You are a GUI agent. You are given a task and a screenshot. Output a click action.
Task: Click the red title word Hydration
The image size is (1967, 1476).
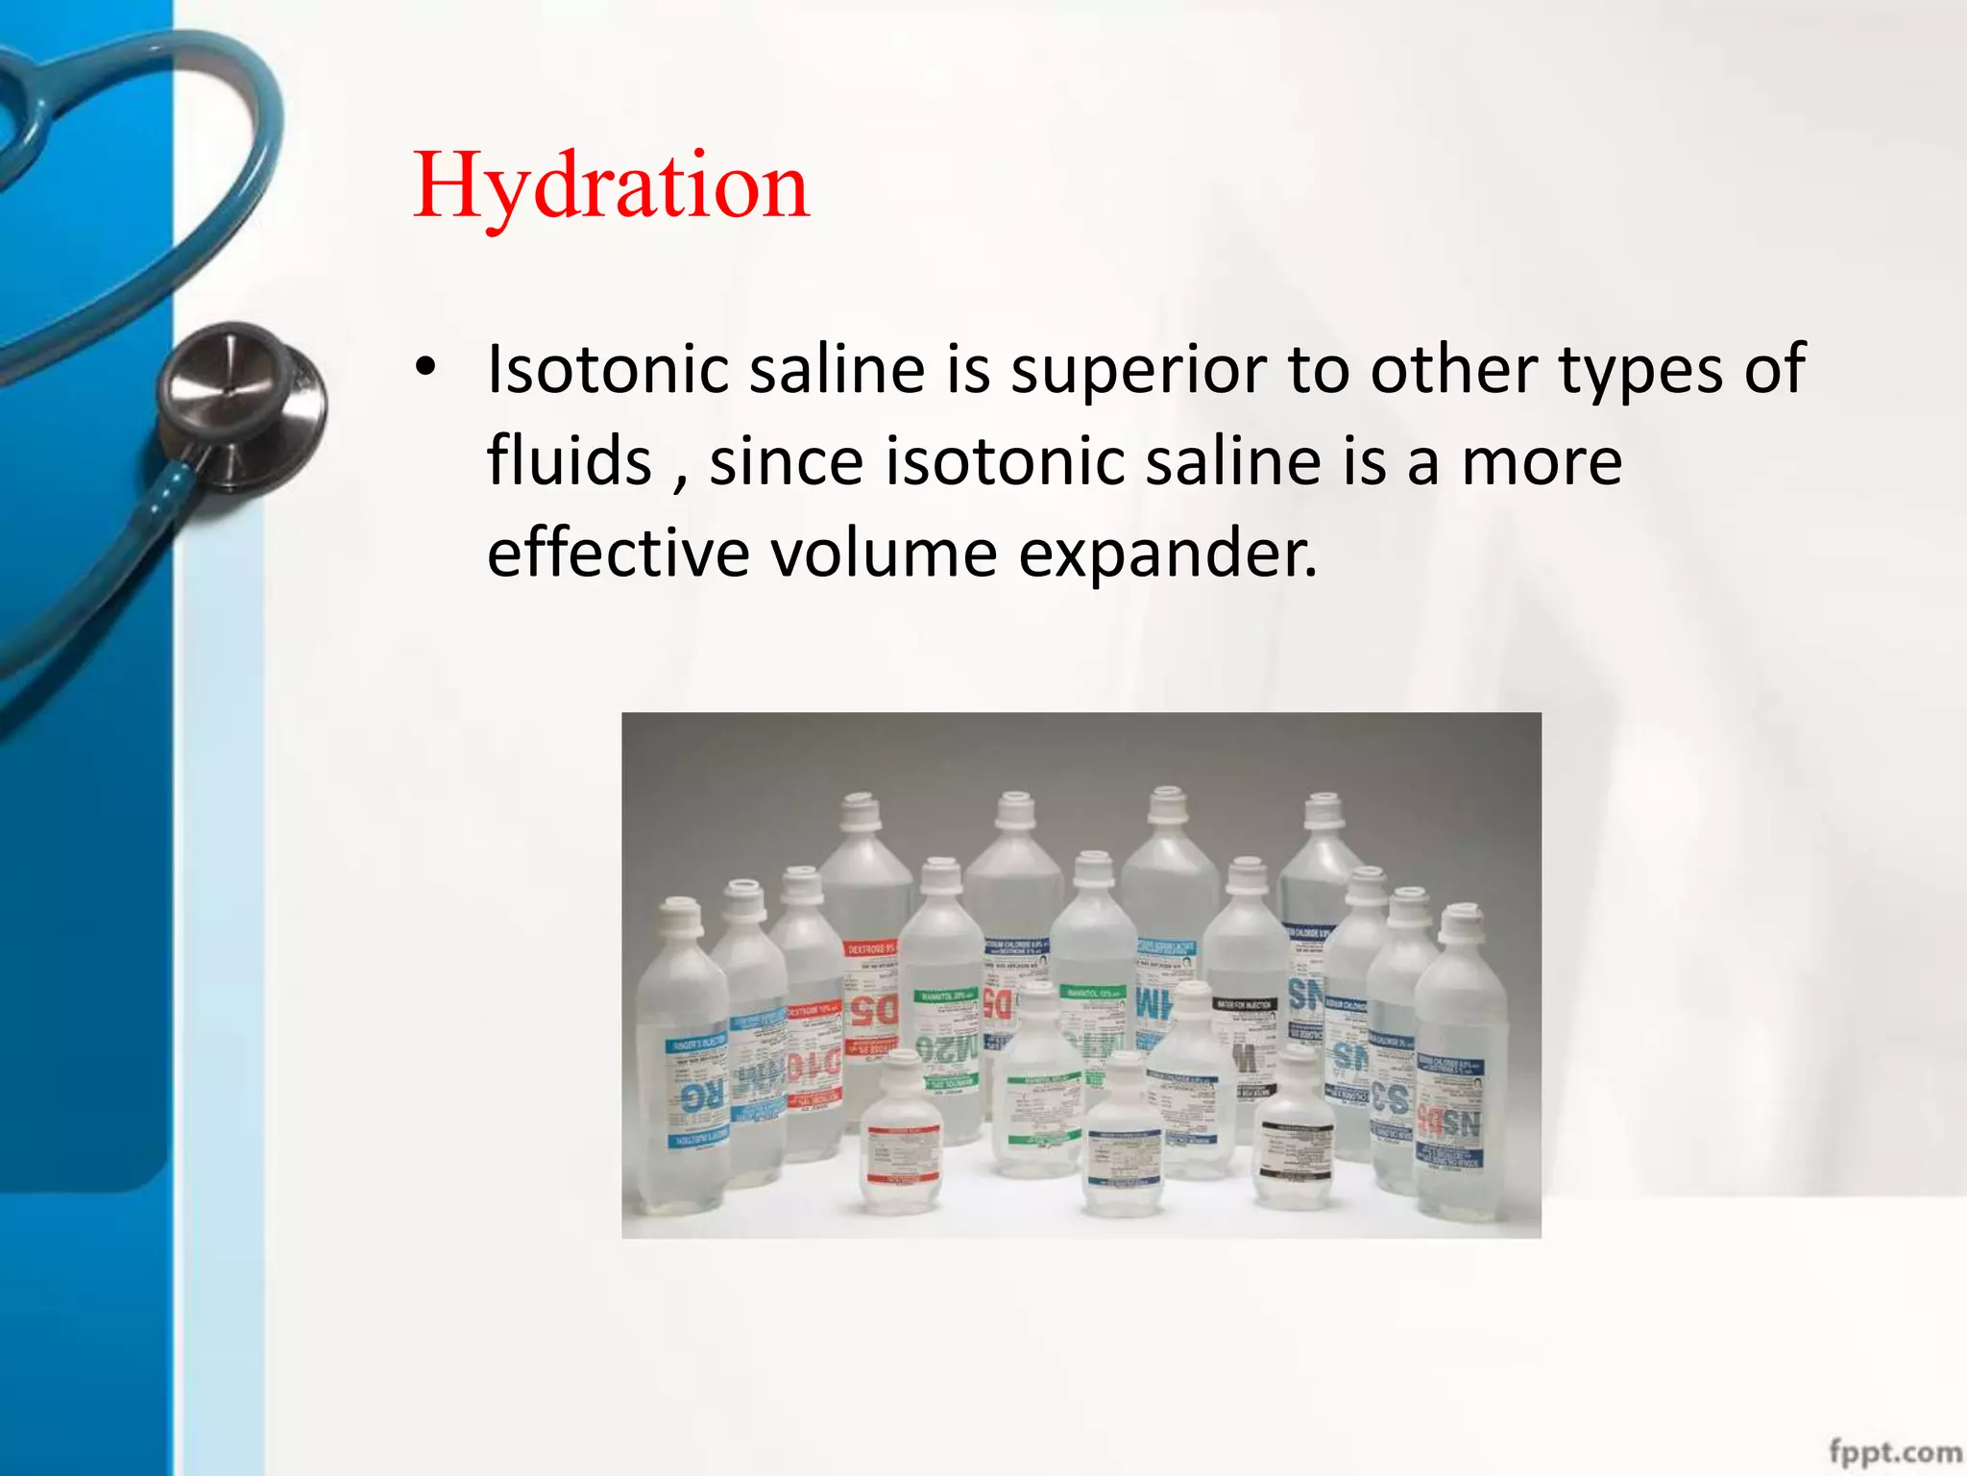tap(611, 187)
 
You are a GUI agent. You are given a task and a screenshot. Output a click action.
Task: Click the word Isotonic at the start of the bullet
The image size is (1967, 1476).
tap(609, 369)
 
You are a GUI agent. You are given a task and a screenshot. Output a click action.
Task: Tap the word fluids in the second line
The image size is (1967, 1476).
tap(570, 461)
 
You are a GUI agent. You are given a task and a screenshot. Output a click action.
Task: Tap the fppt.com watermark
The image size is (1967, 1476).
tap(1894, 1450)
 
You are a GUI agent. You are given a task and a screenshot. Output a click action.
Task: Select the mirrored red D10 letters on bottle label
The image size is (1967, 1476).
tap(814, 1065)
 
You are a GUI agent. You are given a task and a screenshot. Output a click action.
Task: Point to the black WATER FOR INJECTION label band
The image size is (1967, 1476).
tap(1245, 1004)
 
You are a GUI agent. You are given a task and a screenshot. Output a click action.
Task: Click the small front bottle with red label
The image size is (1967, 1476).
tap(900, 1139)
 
